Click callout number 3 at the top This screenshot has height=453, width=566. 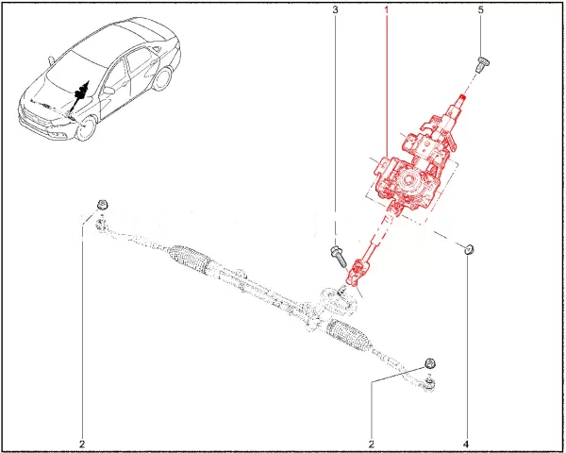click(335, 10)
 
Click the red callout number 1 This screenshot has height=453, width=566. click(387, 10)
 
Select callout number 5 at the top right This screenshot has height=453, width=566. click(480, 10)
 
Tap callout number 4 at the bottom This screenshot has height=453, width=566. click(466, 444)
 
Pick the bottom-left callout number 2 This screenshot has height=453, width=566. click(82, 444)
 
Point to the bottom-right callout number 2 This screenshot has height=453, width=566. click(372, 444)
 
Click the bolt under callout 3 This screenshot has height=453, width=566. click(339, 257)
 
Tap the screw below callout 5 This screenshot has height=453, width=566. click(482, 65)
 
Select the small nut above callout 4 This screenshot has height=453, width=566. click(469, 249)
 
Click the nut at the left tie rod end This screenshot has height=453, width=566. click(103, 204)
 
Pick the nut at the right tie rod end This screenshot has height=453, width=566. click(431, 363)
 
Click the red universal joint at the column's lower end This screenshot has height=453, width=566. click(356, 272)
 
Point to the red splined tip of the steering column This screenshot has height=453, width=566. click(462, 97)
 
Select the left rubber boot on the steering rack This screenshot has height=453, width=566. click(190, 258)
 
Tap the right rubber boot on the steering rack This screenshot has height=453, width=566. click(349, 334)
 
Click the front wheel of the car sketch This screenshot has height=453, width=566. click(86, 128)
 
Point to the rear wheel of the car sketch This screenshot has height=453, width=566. click(162, 78)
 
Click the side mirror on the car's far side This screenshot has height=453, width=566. click(50, 60)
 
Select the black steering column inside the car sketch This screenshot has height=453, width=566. click(79, 97)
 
